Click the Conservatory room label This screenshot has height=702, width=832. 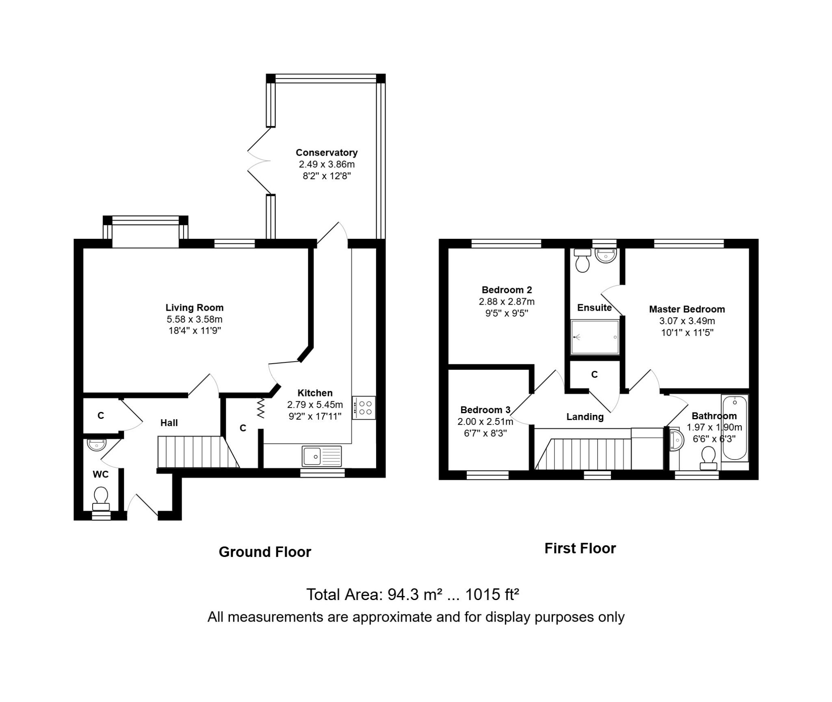327,153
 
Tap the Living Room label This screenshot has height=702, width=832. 194,308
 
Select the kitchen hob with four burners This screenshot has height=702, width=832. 364,408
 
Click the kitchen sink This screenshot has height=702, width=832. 322,456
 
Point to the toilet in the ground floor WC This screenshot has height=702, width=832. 101,498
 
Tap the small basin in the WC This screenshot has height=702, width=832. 97,445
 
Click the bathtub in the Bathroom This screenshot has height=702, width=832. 734,427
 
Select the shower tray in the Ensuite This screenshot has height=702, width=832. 595,337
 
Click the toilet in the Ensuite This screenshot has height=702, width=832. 583,260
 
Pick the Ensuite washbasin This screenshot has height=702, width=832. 605,256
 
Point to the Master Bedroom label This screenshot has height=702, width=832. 687,309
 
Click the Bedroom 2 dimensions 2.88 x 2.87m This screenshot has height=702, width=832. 507,302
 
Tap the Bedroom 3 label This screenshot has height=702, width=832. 485,410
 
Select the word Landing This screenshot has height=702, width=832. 585,417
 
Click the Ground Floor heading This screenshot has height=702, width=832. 265,552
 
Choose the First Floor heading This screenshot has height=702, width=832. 580,548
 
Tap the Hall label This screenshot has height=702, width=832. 169,423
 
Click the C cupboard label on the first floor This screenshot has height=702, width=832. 594,375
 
